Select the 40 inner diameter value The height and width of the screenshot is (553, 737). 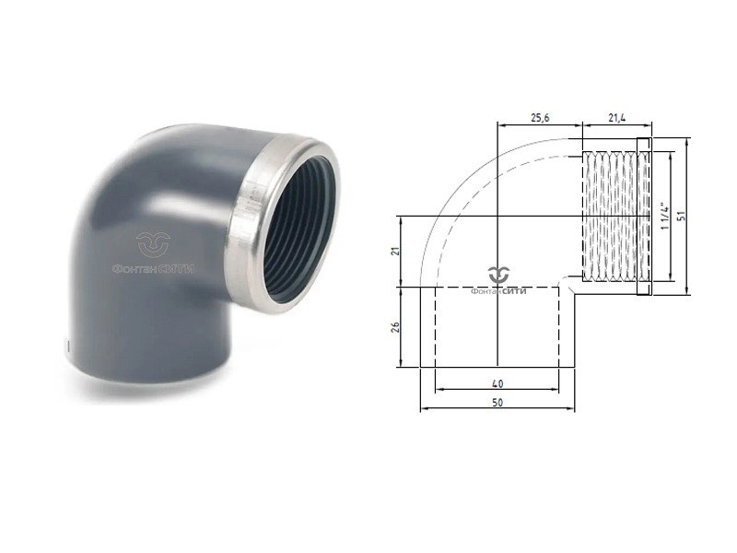(x=497, y=382)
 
